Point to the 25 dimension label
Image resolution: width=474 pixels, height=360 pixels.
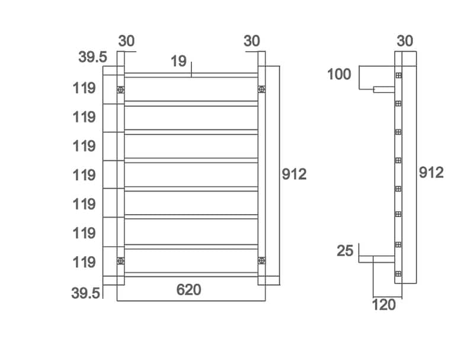[x=345, y=250]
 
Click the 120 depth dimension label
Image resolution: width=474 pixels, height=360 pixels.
[x=383, y=305]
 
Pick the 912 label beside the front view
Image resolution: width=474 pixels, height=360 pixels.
[x=294, y=174]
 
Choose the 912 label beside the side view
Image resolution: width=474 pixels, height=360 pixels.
[x=431, y=173]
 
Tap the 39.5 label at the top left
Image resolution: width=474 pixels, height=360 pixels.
[x=92, y=58]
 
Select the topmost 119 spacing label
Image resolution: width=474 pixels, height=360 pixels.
[x=84, y=89]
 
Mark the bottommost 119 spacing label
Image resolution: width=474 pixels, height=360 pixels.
[x=84, y=262]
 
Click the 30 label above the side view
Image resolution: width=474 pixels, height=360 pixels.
[x=405, y=41]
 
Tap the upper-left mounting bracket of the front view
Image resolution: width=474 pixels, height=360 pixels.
[x=121, y=90]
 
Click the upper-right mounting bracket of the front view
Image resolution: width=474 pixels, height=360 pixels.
[x=261, y=90]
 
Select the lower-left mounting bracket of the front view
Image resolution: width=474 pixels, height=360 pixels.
[x=121, y=260]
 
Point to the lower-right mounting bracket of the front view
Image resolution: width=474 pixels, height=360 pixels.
[x=261, y=260]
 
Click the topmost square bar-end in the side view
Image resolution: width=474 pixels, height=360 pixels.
[x=398, y=75]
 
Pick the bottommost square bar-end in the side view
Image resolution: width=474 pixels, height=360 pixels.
[x=398, y=274]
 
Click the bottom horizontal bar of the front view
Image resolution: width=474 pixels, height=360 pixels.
[x=191, y=274]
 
